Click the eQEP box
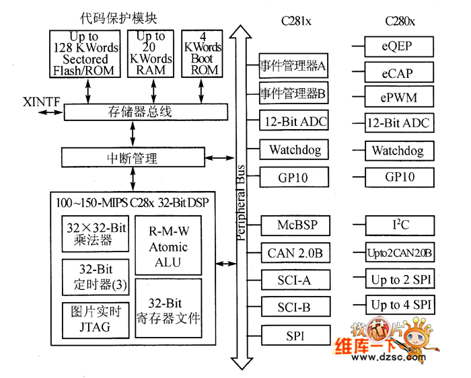pos(398,47)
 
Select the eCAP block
pos(398,72)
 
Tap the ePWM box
pos(398,97)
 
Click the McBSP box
pos(295,225)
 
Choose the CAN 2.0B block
pos(295,253)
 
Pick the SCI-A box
pos(295,280)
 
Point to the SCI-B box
pos(295,307)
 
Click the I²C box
pos(398,225)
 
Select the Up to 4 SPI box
pos(398,305)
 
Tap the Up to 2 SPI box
pos(398,279)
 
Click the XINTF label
pos(41,102)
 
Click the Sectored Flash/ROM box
pos(87,53)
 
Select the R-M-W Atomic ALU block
pos(168,246)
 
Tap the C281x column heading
pos(295,21)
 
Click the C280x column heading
pos(400,21)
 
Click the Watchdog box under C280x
pos(398,151)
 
